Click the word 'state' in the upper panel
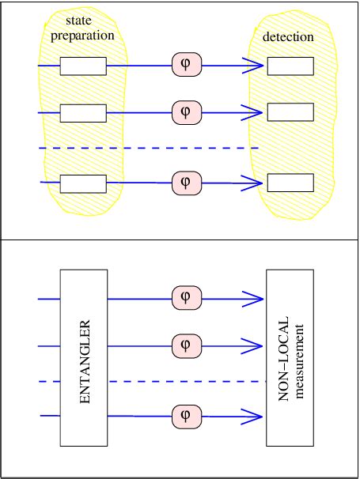[81, 22]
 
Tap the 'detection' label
[288, 36]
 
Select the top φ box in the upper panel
[186, 66]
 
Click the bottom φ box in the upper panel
[186, 182]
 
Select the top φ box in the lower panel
[186, 299]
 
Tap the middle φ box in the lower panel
[186, 345]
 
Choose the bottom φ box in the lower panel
[186, 414]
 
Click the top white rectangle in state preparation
[83, 66]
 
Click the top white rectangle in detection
[290, 66]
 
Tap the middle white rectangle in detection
[290, 112]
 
